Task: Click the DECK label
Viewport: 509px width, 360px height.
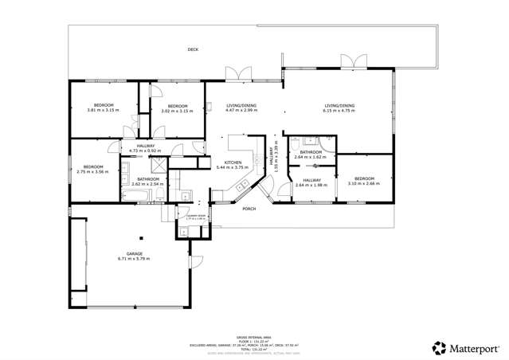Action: click(x=193, y=49)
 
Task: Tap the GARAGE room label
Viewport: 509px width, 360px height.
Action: click(x=134, y=253)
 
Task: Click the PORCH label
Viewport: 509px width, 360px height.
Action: click(x=249, y=209)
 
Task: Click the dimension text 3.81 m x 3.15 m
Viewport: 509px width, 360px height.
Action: click(x=104, y=111)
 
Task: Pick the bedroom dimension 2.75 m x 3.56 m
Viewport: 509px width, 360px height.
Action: click(x=93, y=171)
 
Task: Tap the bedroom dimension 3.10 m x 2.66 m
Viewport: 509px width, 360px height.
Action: click(x=364, y=183)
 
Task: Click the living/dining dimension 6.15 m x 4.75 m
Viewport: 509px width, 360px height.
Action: click(x=339, y=111)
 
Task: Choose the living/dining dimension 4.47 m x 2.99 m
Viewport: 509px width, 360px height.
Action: click(x=242, y=111)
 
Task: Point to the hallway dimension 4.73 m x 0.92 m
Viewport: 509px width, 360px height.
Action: click(x=145, y=151)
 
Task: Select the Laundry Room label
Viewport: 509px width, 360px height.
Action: click(x=197, y=216)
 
